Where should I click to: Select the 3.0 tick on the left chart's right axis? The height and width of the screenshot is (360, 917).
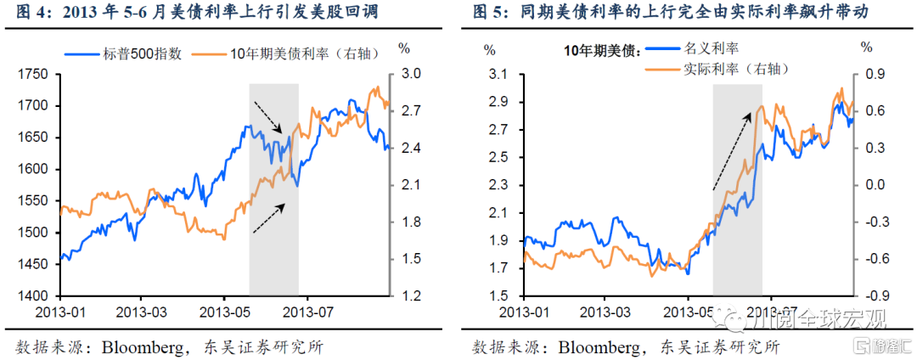412,75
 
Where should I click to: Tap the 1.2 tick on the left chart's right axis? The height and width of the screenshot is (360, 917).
412,296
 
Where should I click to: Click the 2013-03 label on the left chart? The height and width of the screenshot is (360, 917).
142,312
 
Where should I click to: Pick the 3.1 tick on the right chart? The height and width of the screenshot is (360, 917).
496,75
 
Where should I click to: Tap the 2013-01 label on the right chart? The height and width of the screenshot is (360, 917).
524,312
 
